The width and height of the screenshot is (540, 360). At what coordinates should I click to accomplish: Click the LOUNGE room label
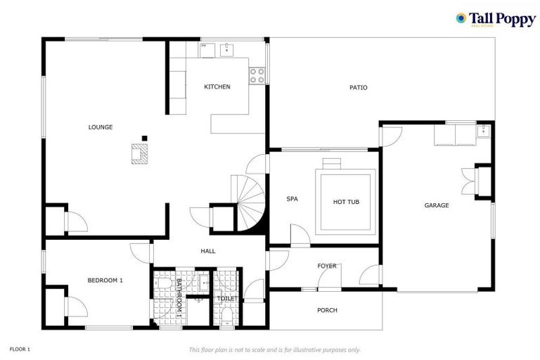point(101,127)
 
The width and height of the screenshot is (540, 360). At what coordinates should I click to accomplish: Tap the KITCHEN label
point(217,87)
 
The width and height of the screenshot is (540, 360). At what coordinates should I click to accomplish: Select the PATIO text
point(359,88)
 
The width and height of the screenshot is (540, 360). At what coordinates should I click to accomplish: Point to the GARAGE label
point(436,205)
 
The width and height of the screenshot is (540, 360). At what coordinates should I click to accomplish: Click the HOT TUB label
point(346,202)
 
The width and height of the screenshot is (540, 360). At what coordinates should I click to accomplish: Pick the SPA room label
point(292,199)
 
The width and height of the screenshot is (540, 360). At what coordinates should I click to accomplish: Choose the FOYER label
point(327,266)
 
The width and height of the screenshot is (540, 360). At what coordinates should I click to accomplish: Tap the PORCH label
point(327,310)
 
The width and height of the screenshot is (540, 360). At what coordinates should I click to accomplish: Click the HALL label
point(208,251)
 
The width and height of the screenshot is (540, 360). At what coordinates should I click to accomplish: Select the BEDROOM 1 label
point(105,281)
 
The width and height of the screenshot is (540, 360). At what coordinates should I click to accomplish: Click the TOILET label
point(227,298)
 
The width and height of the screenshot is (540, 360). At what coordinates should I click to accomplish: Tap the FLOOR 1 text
point(20,349)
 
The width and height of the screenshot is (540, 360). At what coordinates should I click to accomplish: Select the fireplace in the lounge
point(140,153)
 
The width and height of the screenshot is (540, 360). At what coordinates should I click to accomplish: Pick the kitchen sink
point(227,49)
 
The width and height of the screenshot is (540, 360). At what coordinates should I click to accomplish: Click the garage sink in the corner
point(483,131)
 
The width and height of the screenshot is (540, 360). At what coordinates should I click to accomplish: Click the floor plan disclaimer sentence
point(275,349)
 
